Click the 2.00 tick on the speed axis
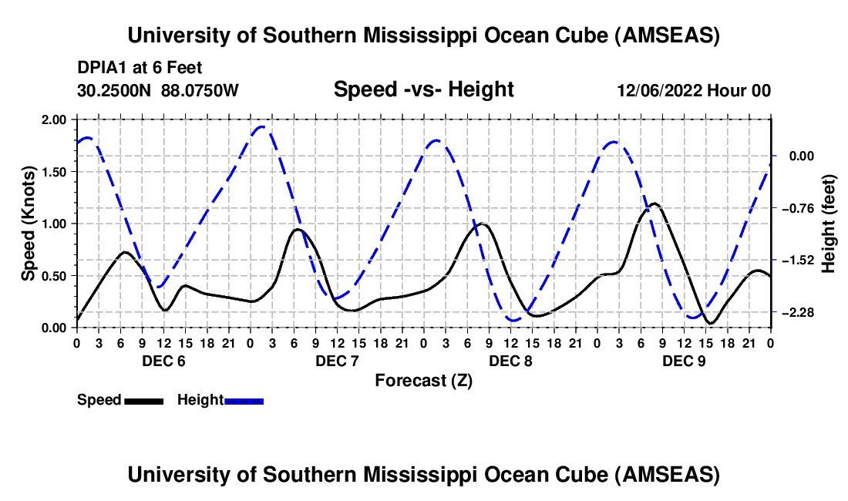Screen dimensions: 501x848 click(56, 119)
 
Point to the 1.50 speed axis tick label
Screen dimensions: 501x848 click(56, 172)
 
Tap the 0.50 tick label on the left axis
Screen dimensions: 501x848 click(56, 276)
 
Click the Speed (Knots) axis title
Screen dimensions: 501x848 click(28, 224)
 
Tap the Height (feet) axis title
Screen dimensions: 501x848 click(829, 224)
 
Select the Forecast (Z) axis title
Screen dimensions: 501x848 click(423, 380)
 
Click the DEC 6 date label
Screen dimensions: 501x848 click(163, 361)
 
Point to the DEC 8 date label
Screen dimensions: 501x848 click(510, 361)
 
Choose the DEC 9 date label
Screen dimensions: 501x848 click(683, 361)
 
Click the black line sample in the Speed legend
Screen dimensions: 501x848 click(143, 400)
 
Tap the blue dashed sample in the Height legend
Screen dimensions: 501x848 click(244, 400)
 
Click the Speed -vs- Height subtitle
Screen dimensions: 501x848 click(423, 89)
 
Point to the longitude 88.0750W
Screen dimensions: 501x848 click(200, 91)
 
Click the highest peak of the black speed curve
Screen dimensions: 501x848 click(655, 203)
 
